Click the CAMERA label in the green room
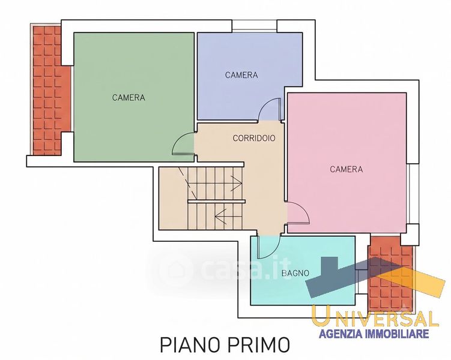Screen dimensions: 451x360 129,98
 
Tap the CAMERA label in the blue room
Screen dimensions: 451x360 241,75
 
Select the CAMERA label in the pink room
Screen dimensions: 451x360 347,169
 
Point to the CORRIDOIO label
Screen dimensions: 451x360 254,138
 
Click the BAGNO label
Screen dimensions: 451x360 295,273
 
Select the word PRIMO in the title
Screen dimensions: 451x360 259,345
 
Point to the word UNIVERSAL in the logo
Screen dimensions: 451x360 375,315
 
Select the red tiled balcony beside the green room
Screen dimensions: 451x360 51,91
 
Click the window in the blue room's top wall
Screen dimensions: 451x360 254,26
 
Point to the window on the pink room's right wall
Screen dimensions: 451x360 413,194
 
